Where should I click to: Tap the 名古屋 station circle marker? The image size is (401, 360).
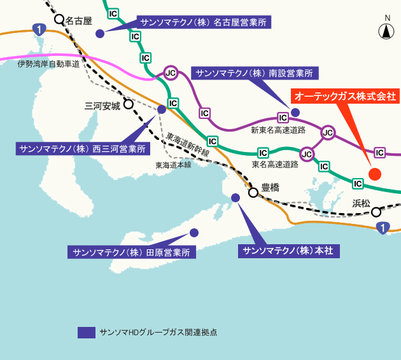point(59,20)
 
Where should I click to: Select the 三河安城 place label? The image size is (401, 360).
point(102,106)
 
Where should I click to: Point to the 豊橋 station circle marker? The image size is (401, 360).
point(253,191)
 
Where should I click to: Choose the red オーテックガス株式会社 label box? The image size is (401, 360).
point(344,97)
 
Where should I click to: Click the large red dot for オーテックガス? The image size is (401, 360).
point(375,174)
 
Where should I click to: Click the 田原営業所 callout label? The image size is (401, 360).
point(132,252)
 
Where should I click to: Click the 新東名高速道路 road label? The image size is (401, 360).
point(278,130)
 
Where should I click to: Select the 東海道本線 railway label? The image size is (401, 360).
point(173,164)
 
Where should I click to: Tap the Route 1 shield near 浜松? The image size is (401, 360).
point(382,228)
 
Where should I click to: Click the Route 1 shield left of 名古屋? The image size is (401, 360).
point(39,29)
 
